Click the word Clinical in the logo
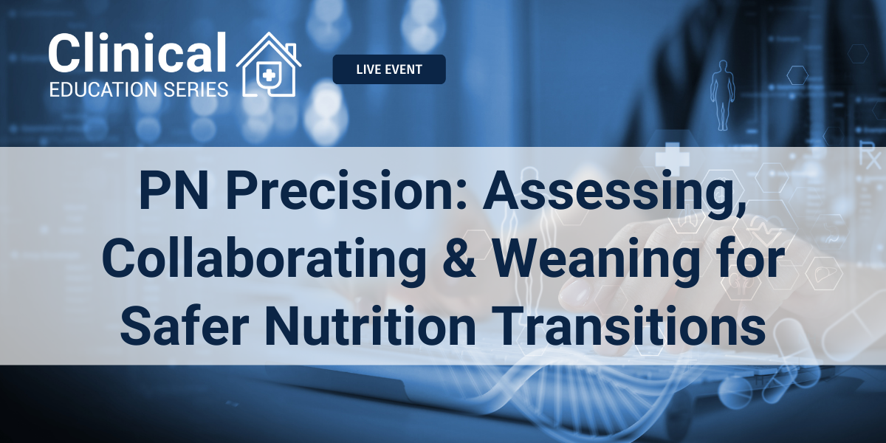click(x=137, y=52)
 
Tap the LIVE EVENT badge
click(x=389, y=69)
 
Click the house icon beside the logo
click(x=269, y=64)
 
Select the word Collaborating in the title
click(x=264, y=258)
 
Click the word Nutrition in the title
click(x=371, y=325)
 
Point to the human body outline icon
click(x=723, y=95)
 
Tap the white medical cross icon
click(x=673, y=159)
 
